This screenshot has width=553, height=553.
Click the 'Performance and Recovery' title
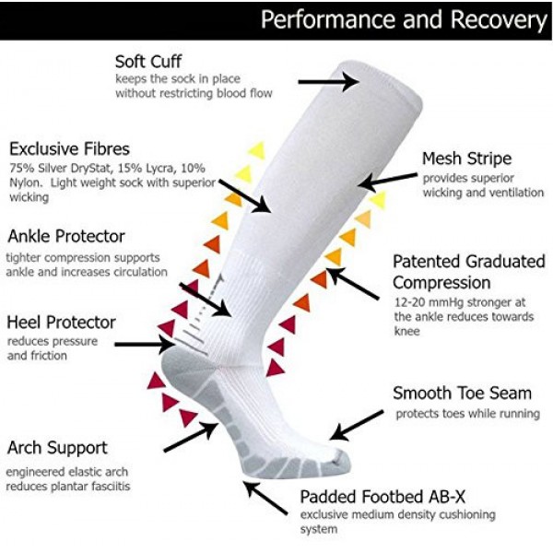(403, 19)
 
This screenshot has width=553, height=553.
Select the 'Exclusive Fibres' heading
(69, 148)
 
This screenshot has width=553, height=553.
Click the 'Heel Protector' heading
(61, 323)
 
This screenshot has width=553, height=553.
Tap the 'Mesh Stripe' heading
(466, 159)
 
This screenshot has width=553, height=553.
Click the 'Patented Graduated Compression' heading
(468, 272)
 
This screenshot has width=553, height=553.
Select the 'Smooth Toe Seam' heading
(462, 394)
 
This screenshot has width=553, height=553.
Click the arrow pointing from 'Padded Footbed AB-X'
(267, 498)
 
